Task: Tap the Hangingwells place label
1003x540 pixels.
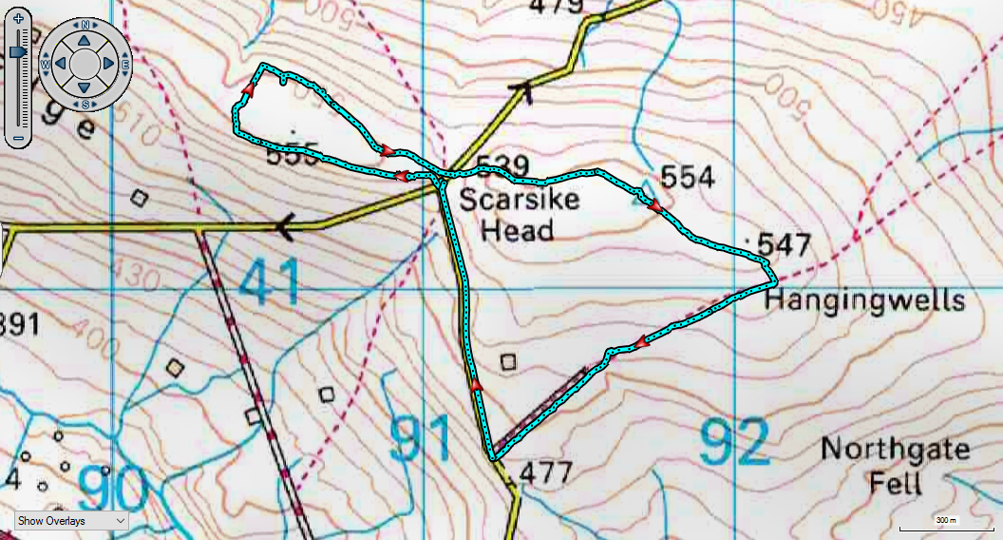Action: tap(864, 301)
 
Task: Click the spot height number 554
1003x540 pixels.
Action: tap(687, 177)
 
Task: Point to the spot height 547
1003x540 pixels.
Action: tap(785, 245)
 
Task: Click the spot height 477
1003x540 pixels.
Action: tap(547, 472)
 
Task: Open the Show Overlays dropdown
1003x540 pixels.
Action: tap(72, 520)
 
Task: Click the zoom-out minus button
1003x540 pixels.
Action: tap(18, 140)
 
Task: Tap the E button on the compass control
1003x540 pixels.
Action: tap(124, 64)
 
